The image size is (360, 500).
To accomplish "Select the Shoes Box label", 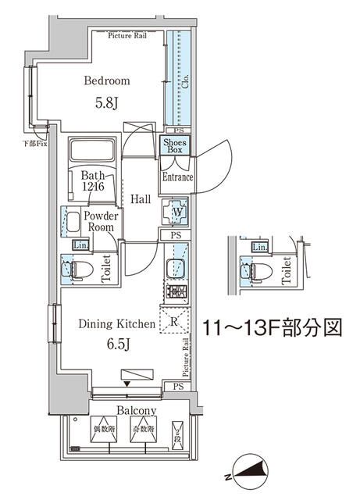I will tap(173, 145).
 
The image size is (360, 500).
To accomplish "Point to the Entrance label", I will tap(177, 177).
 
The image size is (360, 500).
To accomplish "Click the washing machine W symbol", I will tap(176, 211).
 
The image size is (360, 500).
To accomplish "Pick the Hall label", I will tap(141, 199).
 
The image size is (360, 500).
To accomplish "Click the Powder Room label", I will tap(101, 221).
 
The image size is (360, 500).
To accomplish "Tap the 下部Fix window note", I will tap(34, 142).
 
